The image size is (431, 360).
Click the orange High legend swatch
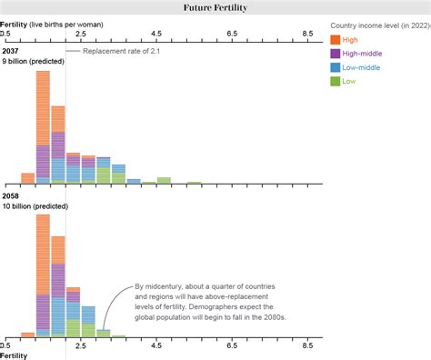(336, 39)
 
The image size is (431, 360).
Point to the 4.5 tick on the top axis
(155, 33)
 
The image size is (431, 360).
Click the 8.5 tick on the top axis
(308, 33)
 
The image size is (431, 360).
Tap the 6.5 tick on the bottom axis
(232, 345)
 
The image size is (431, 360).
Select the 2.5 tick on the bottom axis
(80, 345)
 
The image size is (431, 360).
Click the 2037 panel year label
(11, 51)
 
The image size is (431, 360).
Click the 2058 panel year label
(11, 196)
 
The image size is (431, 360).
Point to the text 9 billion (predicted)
(35, 60)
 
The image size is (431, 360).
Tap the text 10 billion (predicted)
(36, 206)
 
